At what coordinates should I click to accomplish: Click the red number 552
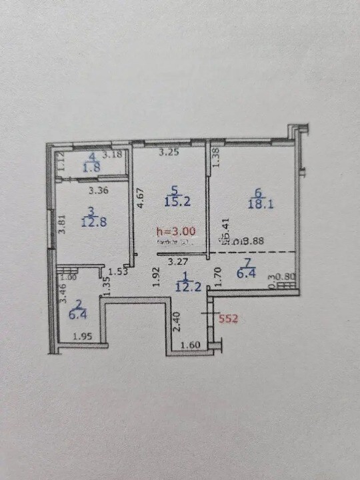point(229,319)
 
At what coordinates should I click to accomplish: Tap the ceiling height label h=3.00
point(175,231)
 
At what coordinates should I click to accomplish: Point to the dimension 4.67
point(140,199)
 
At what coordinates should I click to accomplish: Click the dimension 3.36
point(99,189)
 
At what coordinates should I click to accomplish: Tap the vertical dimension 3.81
point(61,222)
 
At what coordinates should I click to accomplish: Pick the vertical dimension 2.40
point(175,324)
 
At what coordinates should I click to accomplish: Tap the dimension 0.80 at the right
point(286,275)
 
